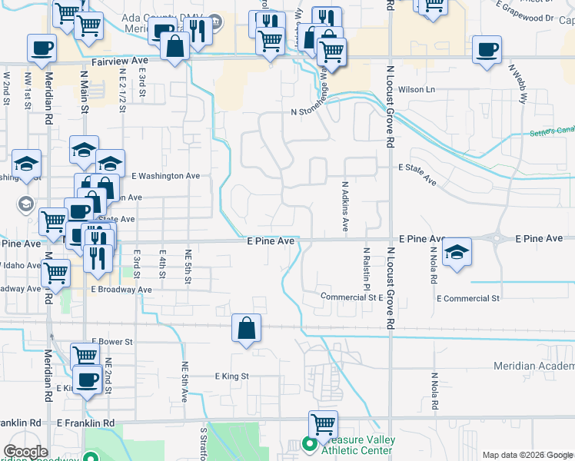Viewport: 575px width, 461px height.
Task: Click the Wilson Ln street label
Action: click(417, 90)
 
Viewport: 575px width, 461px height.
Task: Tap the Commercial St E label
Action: click(351, 297)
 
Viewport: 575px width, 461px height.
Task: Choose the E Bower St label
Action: click(112, 340)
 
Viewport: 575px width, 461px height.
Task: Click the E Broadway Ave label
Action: click(121, 290)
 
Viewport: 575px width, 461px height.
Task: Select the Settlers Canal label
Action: click(551, 133)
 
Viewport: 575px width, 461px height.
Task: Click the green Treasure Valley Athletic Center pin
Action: click(310, 444)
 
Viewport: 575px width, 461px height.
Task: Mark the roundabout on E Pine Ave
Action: click(498, 238)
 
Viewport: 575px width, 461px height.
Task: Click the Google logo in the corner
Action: click(25, 452)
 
